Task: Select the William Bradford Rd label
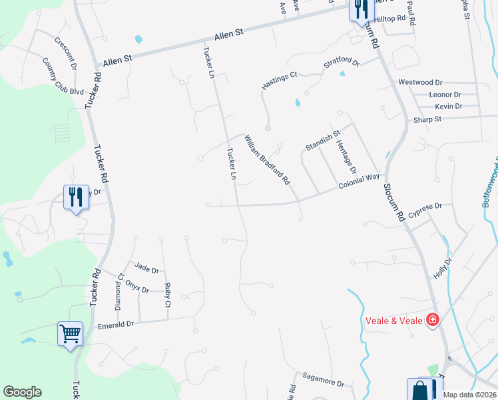[267, 160]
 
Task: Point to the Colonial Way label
[358, 181]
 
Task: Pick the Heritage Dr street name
[346, 157]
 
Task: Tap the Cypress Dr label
[426, 207]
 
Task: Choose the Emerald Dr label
[116, 323]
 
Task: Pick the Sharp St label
[427, 119]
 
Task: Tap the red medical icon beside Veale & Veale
[433, 320]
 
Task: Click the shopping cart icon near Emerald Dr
[70, 333]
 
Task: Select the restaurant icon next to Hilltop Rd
[359, 9]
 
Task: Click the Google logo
[22, 392]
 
